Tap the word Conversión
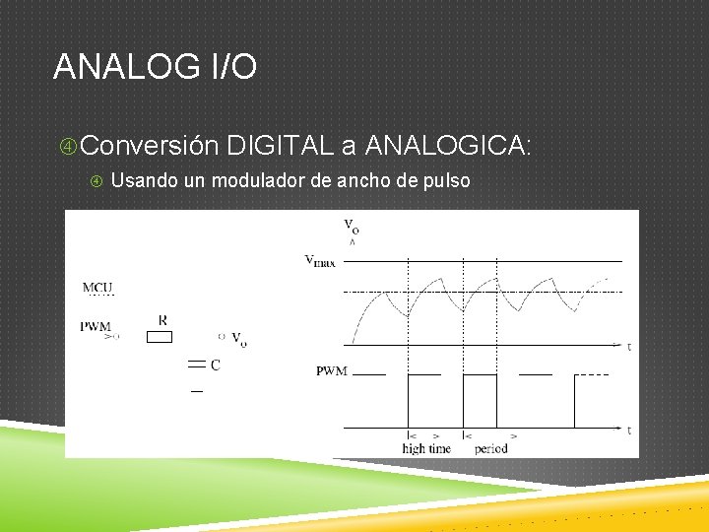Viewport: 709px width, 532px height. tap(149, 146)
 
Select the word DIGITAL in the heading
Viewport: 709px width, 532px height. tap(278, 146)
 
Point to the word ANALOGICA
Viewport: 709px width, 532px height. tap(447, 146)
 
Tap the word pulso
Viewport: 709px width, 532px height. tap(445, 181)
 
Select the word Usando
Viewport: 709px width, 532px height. tap(143, 181)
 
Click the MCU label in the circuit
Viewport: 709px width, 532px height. tap(97, 289)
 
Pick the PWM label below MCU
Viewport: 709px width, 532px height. tap(96, 326)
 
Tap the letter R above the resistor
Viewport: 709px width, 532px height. tap(162, 320)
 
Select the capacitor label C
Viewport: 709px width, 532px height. tap(215, 366)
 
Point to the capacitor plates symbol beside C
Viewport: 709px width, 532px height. tap(196, 366)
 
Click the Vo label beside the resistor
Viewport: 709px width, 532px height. tap(239, 338)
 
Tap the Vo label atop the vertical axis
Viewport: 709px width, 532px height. tap(352, 227)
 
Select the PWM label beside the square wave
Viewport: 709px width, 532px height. tap(330, 371)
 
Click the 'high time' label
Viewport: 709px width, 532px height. tap(425, 448)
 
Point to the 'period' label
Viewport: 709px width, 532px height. tap(490, 448)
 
